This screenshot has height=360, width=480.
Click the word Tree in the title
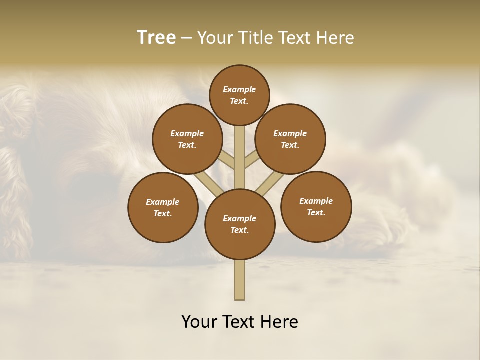[x=156, y=38]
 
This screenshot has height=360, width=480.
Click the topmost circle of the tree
[x=239, y=95]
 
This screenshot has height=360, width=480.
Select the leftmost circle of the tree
[x=163, y=207]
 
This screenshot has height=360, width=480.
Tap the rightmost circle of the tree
[x=316, y=206]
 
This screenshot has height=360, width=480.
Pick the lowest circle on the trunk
[x=240, y=224]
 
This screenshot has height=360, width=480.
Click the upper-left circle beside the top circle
[x=187, y=139]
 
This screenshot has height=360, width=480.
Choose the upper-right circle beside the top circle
[x=290, y=139]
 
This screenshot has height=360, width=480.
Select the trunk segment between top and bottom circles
[x=240, y=157]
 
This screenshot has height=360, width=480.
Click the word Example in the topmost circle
[x=239, y=89]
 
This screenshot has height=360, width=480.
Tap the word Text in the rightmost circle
[x=316, y=212]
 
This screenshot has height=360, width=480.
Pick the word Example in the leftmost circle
[x=163, y=202]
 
